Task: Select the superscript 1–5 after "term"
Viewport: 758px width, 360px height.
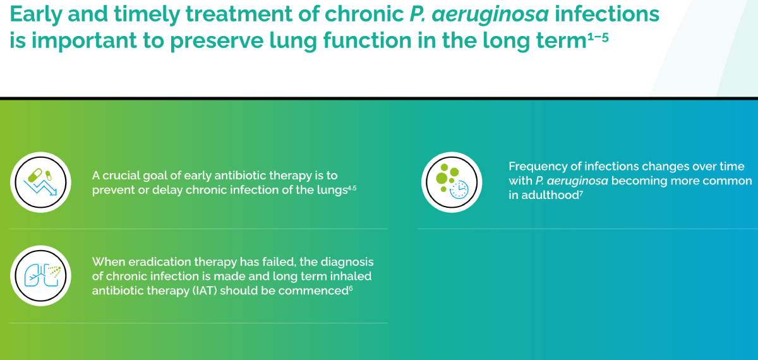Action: (x=598, y=37)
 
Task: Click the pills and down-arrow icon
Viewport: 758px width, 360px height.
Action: (x=40, y=182)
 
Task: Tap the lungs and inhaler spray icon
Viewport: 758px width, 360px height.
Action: (x=40, y=275)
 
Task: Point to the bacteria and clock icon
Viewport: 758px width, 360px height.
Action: (x=452, y=182)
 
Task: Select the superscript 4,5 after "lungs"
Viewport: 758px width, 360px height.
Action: (x=352, y=188)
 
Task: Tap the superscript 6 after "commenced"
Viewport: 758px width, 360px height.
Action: (x=351, y=288)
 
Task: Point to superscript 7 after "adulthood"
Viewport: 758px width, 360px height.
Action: (x=581, y=193)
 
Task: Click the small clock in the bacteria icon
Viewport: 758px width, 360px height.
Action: (x=459, y=189)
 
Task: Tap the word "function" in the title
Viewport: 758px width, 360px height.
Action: (x=367, y=40)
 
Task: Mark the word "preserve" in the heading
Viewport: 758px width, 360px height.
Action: (x=217, y=41)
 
